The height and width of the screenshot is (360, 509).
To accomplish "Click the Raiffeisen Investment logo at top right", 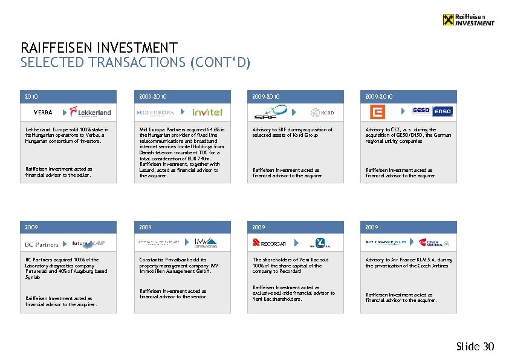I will pyautogui.click(x=468, y=20).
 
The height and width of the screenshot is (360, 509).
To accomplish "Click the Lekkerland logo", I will pyautogui.click(x=90, y=112).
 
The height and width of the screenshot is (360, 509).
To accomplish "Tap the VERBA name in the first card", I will pyautogui.click(x=43, y=113).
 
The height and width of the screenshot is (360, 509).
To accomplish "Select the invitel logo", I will pyautogui.click(x=207, y=113).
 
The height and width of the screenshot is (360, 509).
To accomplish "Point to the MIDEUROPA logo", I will pyautogui.click(x=155, y=113).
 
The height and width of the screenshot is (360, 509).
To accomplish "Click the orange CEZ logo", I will pyautogui.click(x=377, y=112).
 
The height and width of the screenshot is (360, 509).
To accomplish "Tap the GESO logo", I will pyautogui.click(x=421, y=111).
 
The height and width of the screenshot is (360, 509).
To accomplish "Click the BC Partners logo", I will pyautogui.click(x=42, y=244).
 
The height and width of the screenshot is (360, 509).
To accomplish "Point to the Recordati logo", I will pyautogui.click(x=270, y=243).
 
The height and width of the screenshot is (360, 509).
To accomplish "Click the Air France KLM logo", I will pyautogui.click(x=387, y=242).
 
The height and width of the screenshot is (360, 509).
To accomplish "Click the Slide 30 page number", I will pyautogui.click(x=475, y=347).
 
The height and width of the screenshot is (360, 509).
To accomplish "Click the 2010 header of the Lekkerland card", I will pyautogui.click(x=31, y=96).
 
